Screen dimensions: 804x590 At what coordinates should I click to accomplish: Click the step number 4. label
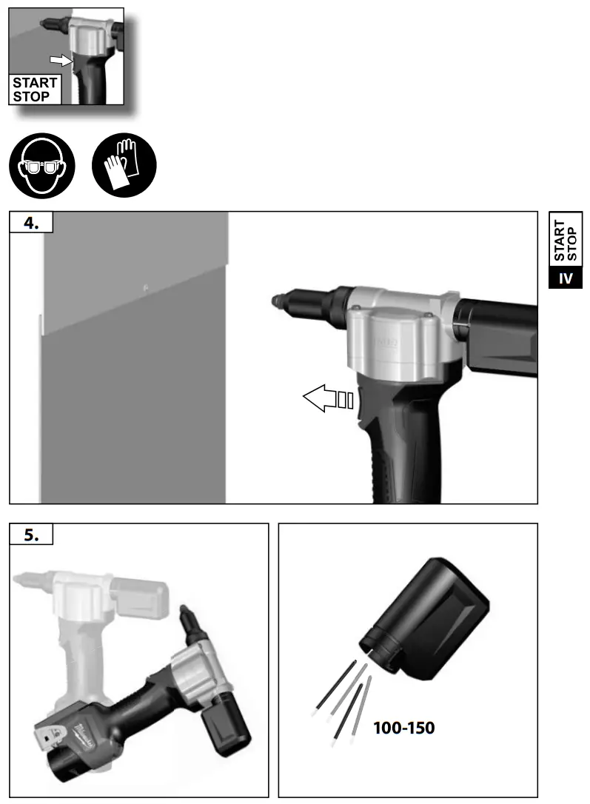pyautogui.click(x=31, y=223)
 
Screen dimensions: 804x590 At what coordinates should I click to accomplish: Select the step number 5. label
pyautogui.click(x=31, y=535)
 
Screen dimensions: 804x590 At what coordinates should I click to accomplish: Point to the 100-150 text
pyautogui.click(x=403, y=728)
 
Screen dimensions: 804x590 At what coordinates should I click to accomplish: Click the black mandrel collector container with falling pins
pyautogui.click(x=429, y=618)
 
